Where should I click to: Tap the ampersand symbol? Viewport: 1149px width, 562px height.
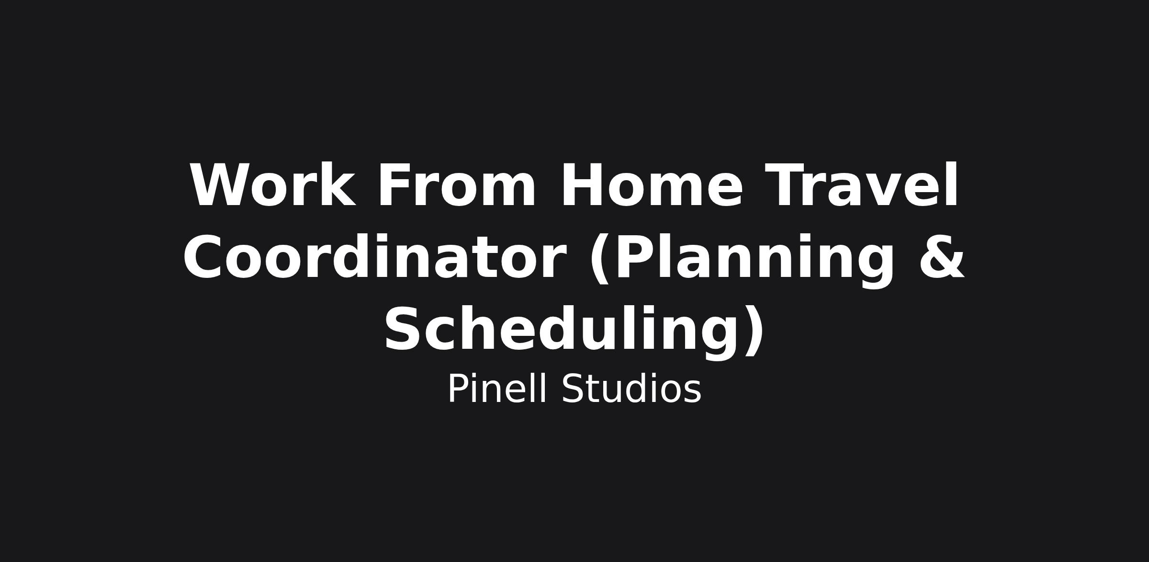(941, 257)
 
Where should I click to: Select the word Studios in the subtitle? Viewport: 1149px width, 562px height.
(631, 389)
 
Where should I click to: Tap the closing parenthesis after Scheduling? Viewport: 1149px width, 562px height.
(754, 331)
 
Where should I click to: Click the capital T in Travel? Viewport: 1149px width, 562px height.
(786, 185)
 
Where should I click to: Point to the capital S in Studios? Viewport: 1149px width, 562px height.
(572, 389)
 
